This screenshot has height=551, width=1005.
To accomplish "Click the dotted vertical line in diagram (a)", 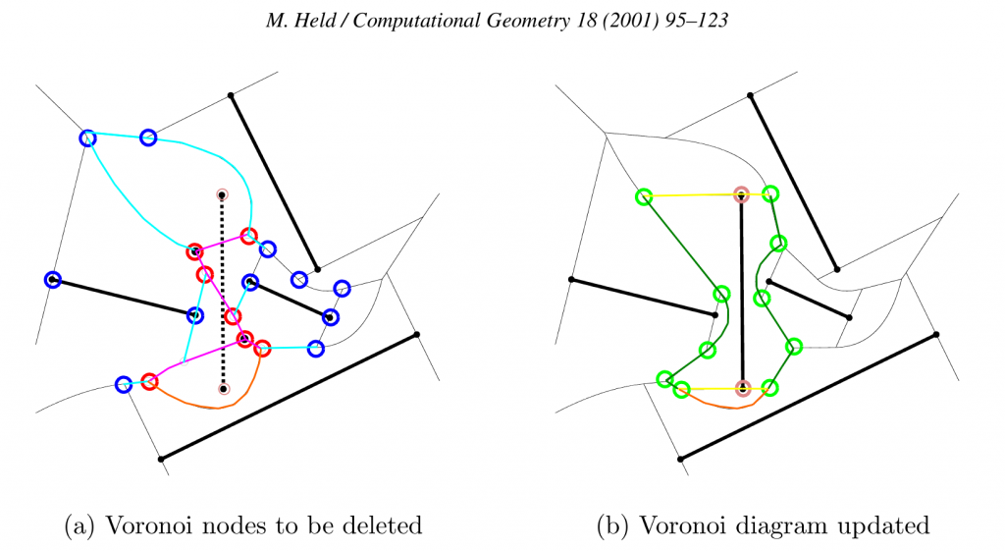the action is (223, 292).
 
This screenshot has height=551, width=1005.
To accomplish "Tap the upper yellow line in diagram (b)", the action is (707, 195).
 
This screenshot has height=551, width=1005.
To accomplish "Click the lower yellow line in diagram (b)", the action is (724, 389).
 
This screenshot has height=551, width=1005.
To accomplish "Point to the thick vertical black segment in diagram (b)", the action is (742, 292).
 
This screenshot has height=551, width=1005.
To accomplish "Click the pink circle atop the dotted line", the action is (222, 194).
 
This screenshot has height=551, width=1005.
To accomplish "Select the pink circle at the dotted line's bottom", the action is (224, 389).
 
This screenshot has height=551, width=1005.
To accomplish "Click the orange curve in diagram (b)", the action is (725, 406).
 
